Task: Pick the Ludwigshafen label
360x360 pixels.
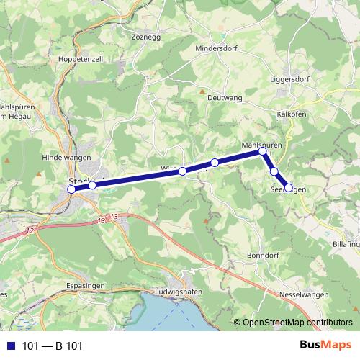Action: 179,292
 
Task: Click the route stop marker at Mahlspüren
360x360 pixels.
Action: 263,151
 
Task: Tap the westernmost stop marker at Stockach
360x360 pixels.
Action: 71,189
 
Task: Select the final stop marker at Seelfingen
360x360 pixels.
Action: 289,188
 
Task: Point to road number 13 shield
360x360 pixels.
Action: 113,217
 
